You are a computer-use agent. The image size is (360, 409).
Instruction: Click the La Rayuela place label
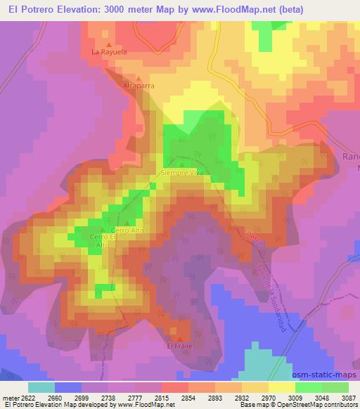pos(108,52)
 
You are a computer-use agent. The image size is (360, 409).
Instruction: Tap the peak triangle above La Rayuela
pos(109,44)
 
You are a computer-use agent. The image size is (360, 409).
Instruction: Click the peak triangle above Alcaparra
pos(139,78)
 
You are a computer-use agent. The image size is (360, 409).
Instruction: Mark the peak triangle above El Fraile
pos(179,339)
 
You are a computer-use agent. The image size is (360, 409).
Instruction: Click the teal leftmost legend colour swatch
pos(41,387)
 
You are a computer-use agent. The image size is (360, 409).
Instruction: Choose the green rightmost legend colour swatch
pos(335,387)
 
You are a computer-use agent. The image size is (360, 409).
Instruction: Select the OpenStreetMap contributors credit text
pos(319,405)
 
